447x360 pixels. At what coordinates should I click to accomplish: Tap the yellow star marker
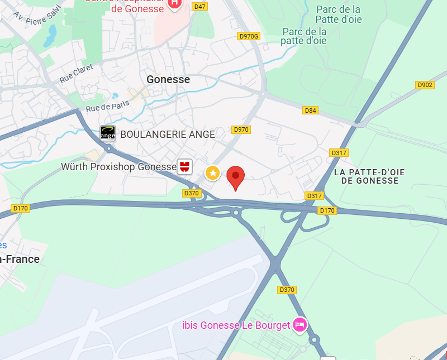(x=212, y=173)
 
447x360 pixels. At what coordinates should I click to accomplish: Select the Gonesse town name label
(x=168, y=80)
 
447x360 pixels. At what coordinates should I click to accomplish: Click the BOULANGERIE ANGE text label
(x=168, y=135)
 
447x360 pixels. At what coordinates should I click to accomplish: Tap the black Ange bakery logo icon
(x=108, y=133)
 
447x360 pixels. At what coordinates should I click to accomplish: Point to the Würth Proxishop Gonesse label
(x=118, y=166)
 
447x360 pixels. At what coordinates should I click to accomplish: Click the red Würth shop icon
(x=185, y=166)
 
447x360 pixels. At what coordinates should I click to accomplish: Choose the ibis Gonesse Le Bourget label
(x=236, y=325)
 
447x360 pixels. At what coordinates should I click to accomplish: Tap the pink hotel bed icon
(x=300, y=325)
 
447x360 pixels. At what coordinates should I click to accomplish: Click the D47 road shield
(x=199, y=7)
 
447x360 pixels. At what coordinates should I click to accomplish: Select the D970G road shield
(x=249, y=36)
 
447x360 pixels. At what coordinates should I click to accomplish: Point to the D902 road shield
(x=425, y=85)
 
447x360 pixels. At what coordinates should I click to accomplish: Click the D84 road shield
(x=310, y=111)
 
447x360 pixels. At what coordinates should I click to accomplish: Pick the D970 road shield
(x=241, y=129)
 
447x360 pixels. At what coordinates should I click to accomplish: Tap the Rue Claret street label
(x=76, y=74)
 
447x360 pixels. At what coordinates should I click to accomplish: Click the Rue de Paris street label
(x=107, y=104)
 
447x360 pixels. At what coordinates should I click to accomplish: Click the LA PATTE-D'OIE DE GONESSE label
(x=369, y=176)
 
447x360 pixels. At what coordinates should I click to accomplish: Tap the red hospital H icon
(x=174, y=3)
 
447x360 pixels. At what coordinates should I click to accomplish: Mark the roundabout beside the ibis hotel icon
(x=315, y=339)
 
